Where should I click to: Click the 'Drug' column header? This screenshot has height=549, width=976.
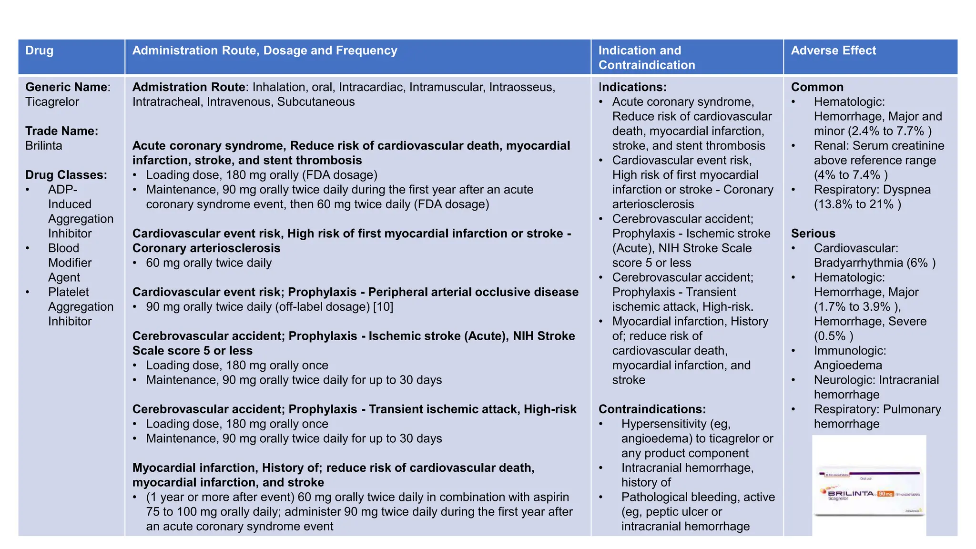click(39, 51)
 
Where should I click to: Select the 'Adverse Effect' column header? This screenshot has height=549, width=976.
click(833, 51)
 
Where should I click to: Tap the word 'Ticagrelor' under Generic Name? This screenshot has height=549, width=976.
click(52, 102)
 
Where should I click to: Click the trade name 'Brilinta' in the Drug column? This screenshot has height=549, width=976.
click(43, 146)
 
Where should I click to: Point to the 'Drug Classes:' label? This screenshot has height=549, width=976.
click(66, 175)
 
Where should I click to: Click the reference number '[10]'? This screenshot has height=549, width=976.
click(383, 307)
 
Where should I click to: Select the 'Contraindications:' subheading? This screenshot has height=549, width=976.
click(652, 409)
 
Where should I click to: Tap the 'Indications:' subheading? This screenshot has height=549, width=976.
click(632, 87)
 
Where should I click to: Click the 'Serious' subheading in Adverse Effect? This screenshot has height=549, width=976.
click(813, 234)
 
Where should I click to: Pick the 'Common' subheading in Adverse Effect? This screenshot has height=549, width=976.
click(817, 87)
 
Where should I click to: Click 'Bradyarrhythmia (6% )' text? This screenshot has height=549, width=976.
click(874, 263)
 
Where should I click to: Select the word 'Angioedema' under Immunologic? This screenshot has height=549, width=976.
click(847, 366)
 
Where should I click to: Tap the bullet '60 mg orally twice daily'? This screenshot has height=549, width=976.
click(208, 263)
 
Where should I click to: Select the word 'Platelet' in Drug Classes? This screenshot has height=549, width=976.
click(68, 292)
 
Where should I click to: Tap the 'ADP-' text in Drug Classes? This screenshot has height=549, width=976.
click(62, 190)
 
